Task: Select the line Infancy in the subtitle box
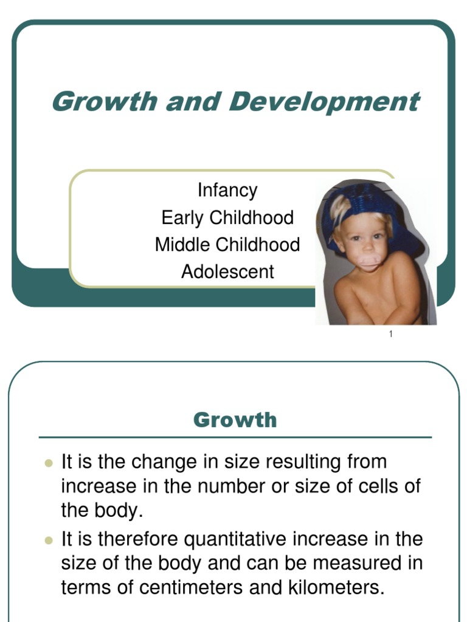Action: click(227, 190)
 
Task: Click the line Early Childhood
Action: click(227, 217)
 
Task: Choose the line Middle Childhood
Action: click(227, 245)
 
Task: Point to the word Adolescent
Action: click(227, 272)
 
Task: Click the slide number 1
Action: click(391, 335)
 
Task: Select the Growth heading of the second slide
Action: click(235, 420)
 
